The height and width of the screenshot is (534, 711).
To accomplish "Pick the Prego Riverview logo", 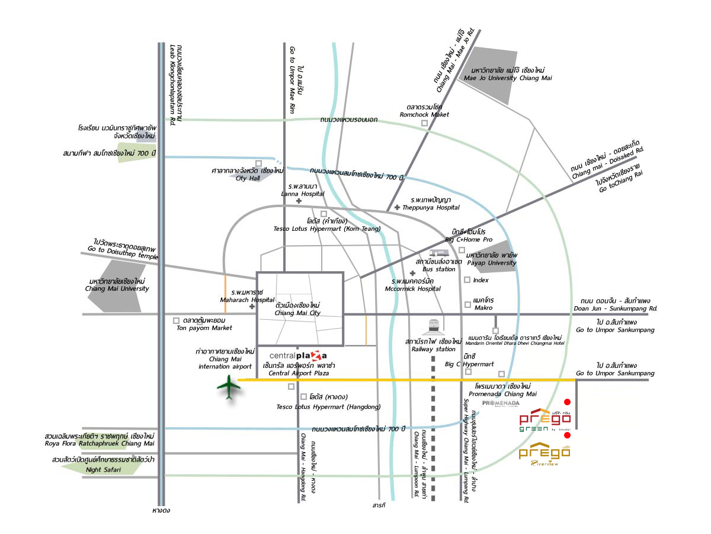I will [544, 454].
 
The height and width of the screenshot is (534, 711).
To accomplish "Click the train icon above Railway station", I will [433, 326].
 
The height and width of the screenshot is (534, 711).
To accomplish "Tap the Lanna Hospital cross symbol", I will [299, 201].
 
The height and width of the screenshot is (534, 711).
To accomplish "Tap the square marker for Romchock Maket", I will [424, 123].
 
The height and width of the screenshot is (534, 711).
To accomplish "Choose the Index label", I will [481, 280].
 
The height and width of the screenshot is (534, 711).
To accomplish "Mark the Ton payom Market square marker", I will [176, 320].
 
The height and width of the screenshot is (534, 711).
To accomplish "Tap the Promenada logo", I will [501, 403].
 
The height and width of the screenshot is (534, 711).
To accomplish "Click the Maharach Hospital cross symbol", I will [252, 307].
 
